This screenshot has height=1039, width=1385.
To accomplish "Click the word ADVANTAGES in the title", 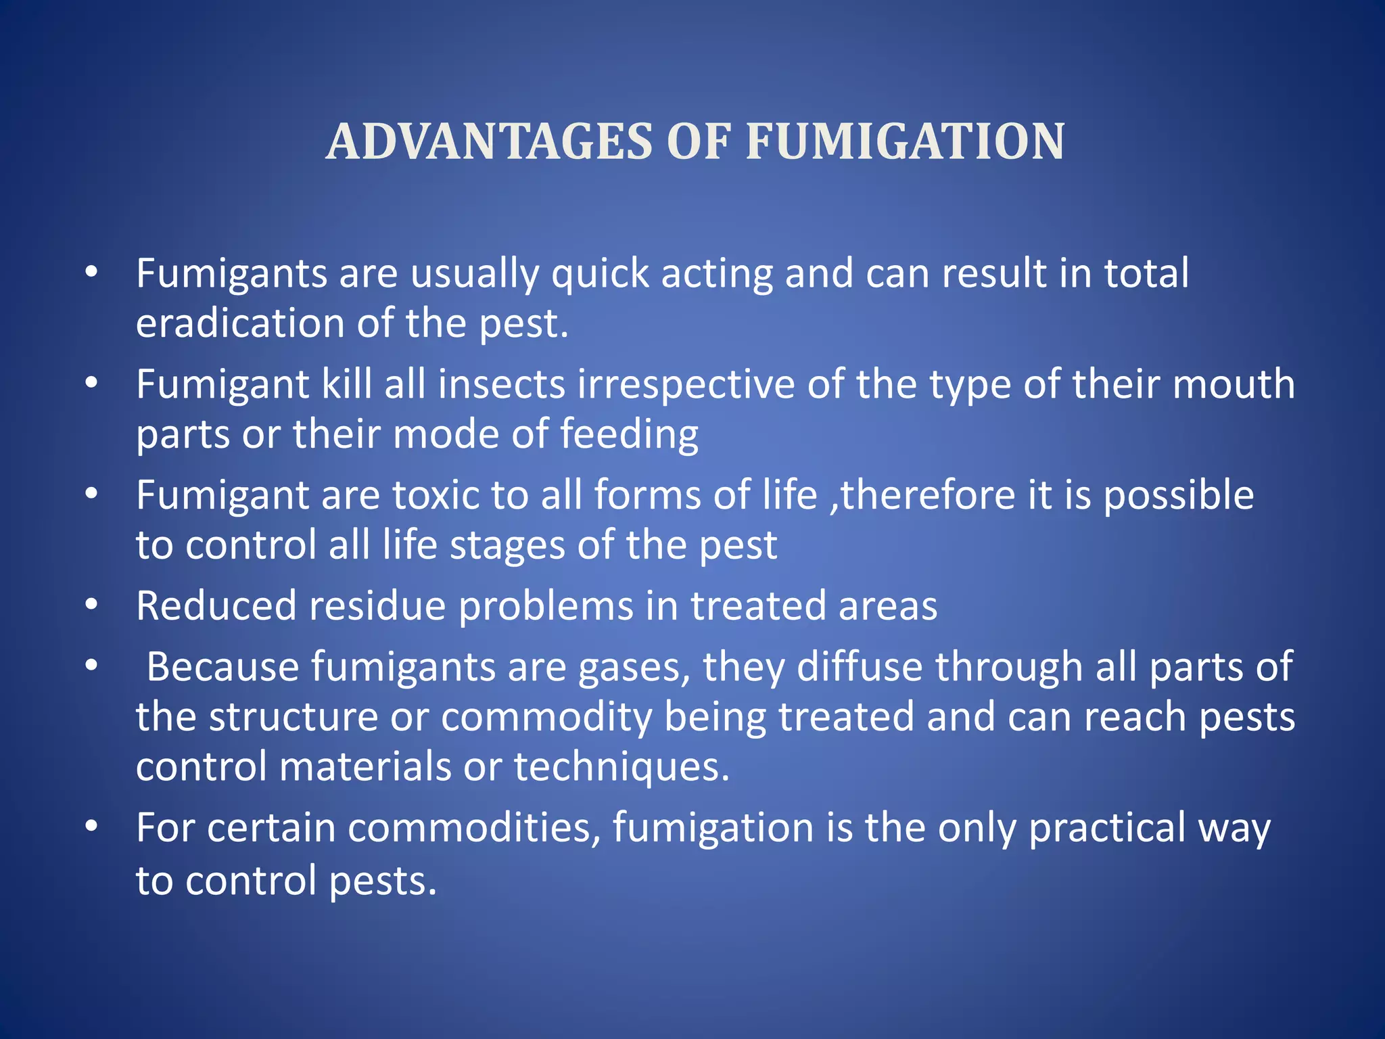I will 488,142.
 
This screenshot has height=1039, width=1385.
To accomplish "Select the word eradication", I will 240,323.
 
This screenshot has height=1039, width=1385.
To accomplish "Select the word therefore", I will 927,495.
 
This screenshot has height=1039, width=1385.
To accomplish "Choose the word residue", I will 377,605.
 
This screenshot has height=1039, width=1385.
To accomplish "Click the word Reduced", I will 216,605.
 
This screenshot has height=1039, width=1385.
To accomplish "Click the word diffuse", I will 860,667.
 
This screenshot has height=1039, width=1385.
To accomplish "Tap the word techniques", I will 621,767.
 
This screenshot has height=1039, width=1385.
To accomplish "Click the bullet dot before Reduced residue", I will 92,604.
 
